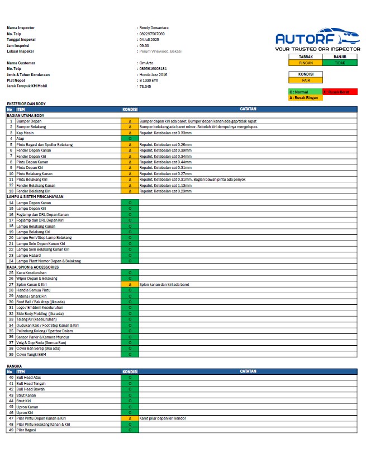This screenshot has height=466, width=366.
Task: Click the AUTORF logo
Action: coord(317,38)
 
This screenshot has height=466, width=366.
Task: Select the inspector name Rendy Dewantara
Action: coord(154,27)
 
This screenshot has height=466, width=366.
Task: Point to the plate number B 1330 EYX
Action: coord(149,81)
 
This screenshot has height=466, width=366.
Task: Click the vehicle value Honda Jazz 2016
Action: coord(153,74)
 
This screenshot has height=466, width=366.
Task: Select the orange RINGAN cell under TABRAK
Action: coord(306,63)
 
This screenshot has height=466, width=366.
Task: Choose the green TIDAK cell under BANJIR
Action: coord(340,63)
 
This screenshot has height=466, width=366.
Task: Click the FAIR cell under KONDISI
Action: coord(306,80)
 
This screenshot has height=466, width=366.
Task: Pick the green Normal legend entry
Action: coord(306,92)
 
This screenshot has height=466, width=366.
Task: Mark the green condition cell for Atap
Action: coord(130,138)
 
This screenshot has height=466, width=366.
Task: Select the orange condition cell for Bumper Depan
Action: coord(130,121)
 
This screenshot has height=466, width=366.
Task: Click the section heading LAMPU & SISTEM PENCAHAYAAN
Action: coord(35,197)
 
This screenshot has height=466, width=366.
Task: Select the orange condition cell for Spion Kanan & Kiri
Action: coord(130,284)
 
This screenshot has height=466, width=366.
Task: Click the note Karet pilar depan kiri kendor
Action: coord(163,418)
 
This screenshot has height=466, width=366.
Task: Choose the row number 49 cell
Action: coord(11,430)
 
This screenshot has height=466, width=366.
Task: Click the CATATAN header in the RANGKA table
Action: coord(248,371)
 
